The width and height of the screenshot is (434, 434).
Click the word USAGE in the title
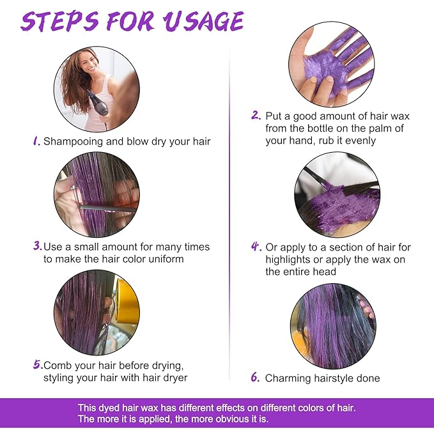pos(203,22)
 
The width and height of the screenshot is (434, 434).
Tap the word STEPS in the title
pos(59,22)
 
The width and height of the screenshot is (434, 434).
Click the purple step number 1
pos(36,141)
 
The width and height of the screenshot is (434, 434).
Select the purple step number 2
pos(256,115)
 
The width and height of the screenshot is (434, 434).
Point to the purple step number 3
pos(37,245)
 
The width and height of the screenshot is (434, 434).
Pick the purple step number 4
pos(256,246)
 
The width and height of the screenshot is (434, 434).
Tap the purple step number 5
pos(38,364)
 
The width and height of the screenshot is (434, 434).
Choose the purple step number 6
pos(255,377)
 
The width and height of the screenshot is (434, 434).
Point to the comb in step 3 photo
pos(107,209)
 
